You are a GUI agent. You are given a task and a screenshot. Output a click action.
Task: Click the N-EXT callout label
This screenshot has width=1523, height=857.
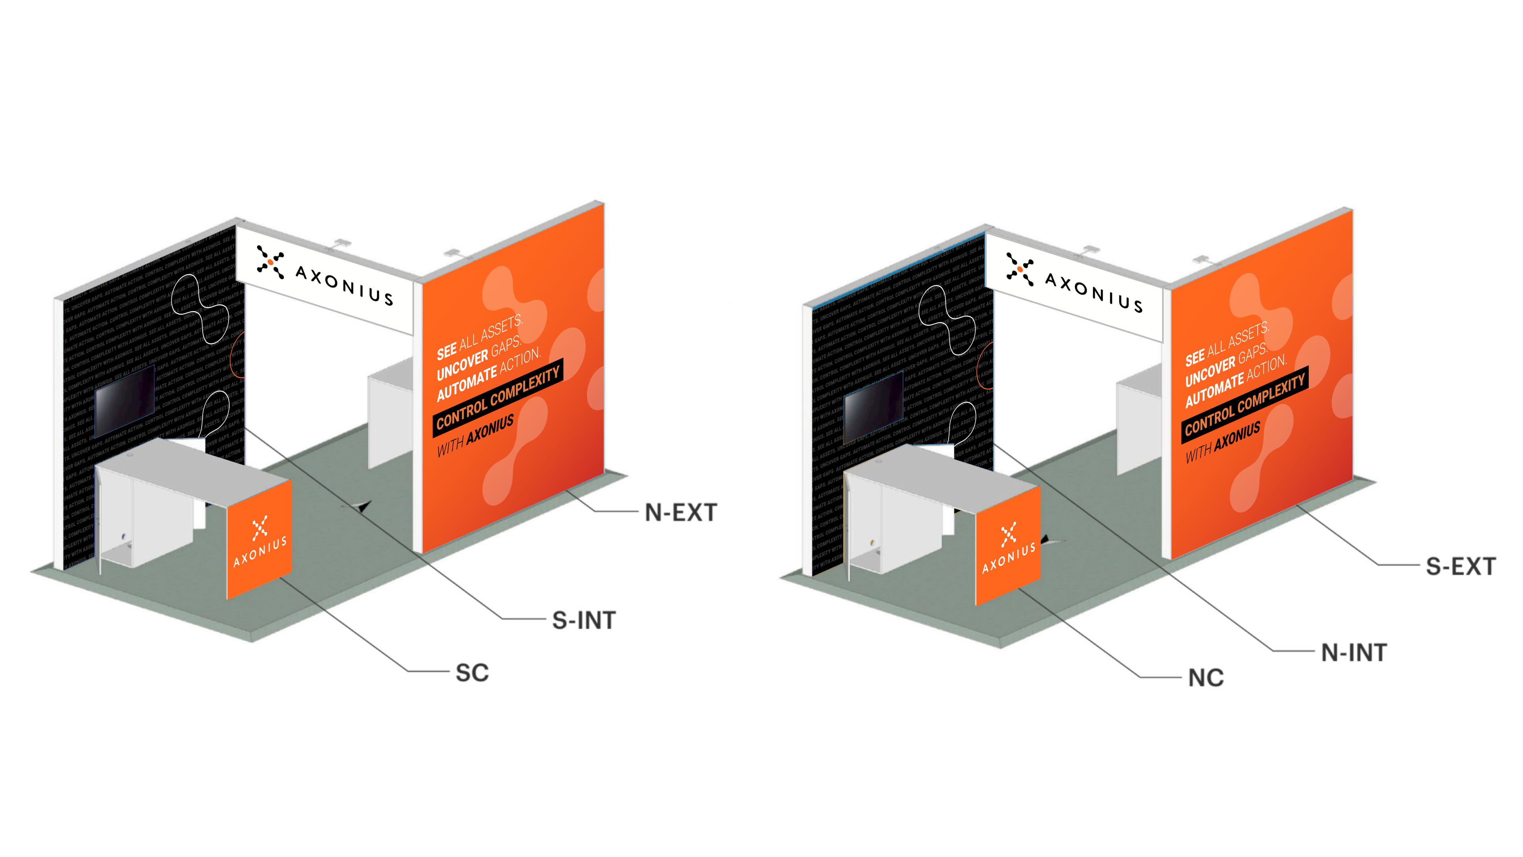tap(681, 513)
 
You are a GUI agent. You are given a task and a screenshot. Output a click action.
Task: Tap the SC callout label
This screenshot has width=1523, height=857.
tap(472, 673)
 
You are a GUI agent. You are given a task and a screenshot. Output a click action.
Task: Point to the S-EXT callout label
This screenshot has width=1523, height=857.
tap(1460, 567)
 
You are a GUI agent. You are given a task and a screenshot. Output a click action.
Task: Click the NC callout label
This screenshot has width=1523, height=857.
tap(1206, 678)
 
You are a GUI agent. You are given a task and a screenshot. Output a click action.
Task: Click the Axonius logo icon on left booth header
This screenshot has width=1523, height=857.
tap(270, 261)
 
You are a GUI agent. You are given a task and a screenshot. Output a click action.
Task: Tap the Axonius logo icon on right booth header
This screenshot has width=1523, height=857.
tap(1020, 269)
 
